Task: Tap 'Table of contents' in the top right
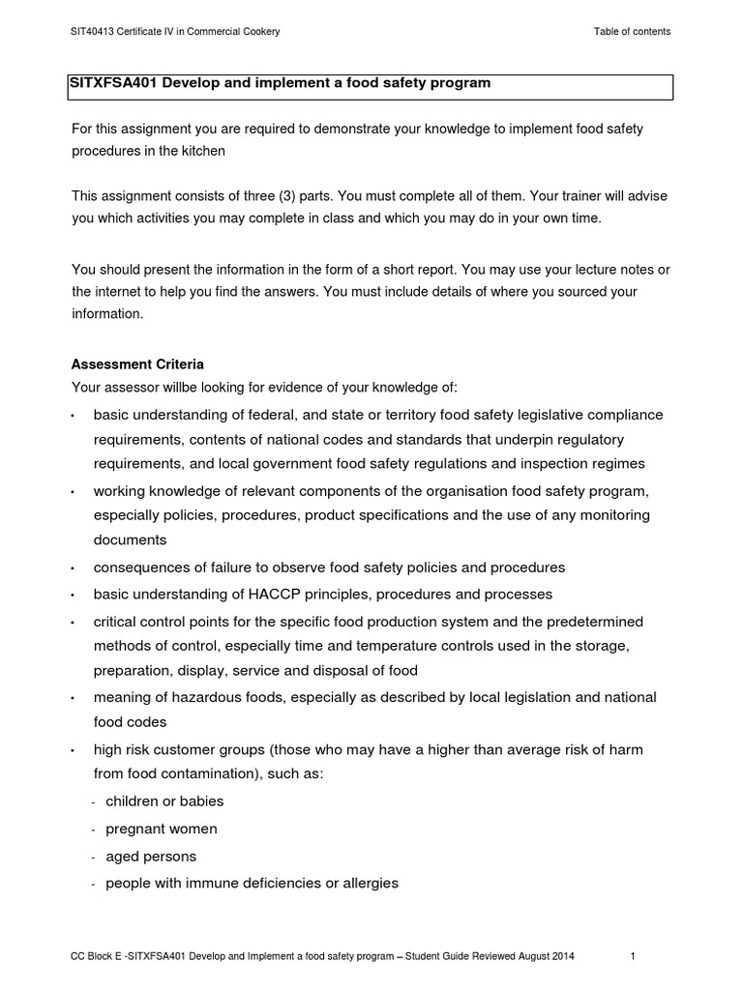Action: [x=632, y=32]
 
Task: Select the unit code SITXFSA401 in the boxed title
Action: [x=112, y=83]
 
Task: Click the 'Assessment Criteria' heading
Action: [x=137, y=364]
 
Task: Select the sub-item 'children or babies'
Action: [x=163, y=801]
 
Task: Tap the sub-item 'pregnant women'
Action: [x=161, y=829]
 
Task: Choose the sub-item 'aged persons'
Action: [x=150, y=857]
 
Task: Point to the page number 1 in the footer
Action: [x=632, y=957]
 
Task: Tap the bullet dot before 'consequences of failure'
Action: [x=74, y=568]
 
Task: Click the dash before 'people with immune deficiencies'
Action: [x=93, y=885]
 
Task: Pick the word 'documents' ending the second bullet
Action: [x=130, y=539]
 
